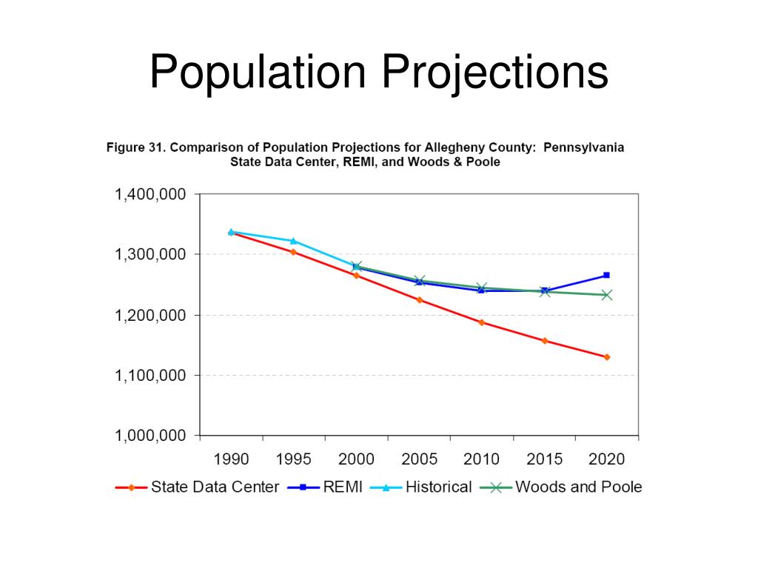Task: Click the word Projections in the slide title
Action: (494, 73)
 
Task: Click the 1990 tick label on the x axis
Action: (231, 459)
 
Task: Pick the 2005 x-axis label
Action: (419, 459)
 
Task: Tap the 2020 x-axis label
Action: (606, 459)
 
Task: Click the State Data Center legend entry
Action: (215, 488)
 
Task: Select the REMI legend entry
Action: (343, 488)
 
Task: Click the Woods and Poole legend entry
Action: (578, 488)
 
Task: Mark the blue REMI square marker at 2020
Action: (606, 275)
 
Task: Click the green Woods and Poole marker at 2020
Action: (606, 295)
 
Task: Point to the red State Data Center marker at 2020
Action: (606, 357)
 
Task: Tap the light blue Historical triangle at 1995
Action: (293, 241)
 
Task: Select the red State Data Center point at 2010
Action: (481, 322)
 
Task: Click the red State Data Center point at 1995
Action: (293, 252)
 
